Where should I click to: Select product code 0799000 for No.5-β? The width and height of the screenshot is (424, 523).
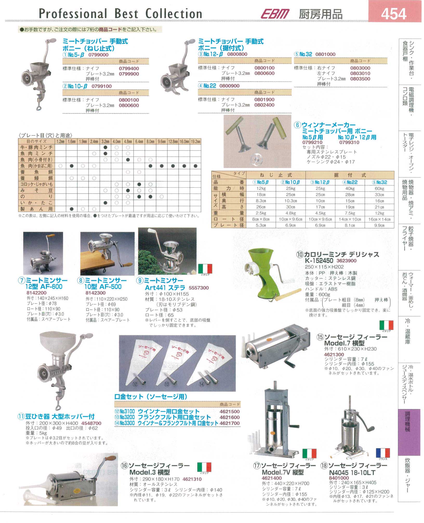pos(98,55)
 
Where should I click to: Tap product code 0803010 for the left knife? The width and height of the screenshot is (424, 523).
pos(360,73)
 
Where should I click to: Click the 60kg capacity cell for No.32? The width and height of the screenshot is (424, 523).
pos(379,188)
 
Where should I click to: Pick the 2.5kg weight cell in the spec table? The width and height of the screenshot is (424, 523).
pos(261,213)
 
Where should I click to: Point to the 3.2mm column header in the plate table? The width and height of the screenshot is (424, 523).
pos(105,141)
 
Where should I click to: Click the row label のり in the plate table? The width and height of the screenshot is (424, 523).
pos(36,196)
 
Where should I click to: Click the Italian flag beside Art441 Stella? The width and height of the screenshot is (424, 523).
pos(205,269)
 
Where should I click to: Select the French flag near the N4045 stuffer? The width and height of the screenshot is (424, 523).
pos(383,453)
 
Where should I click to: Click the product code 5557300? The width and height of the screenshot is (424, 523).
pos(199,288)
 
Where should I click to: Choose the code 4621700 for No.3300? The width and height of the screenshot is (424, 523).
pos(230,423)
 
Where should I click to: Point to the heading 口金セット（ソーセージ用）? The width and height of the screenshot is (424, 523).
pos(151,397)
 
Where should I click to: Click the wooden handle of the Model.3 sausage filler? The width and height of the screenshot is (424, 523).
pos(111,458)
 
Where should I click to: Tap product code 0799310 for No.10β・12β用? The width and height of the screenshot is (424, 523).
pos(349,142)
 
